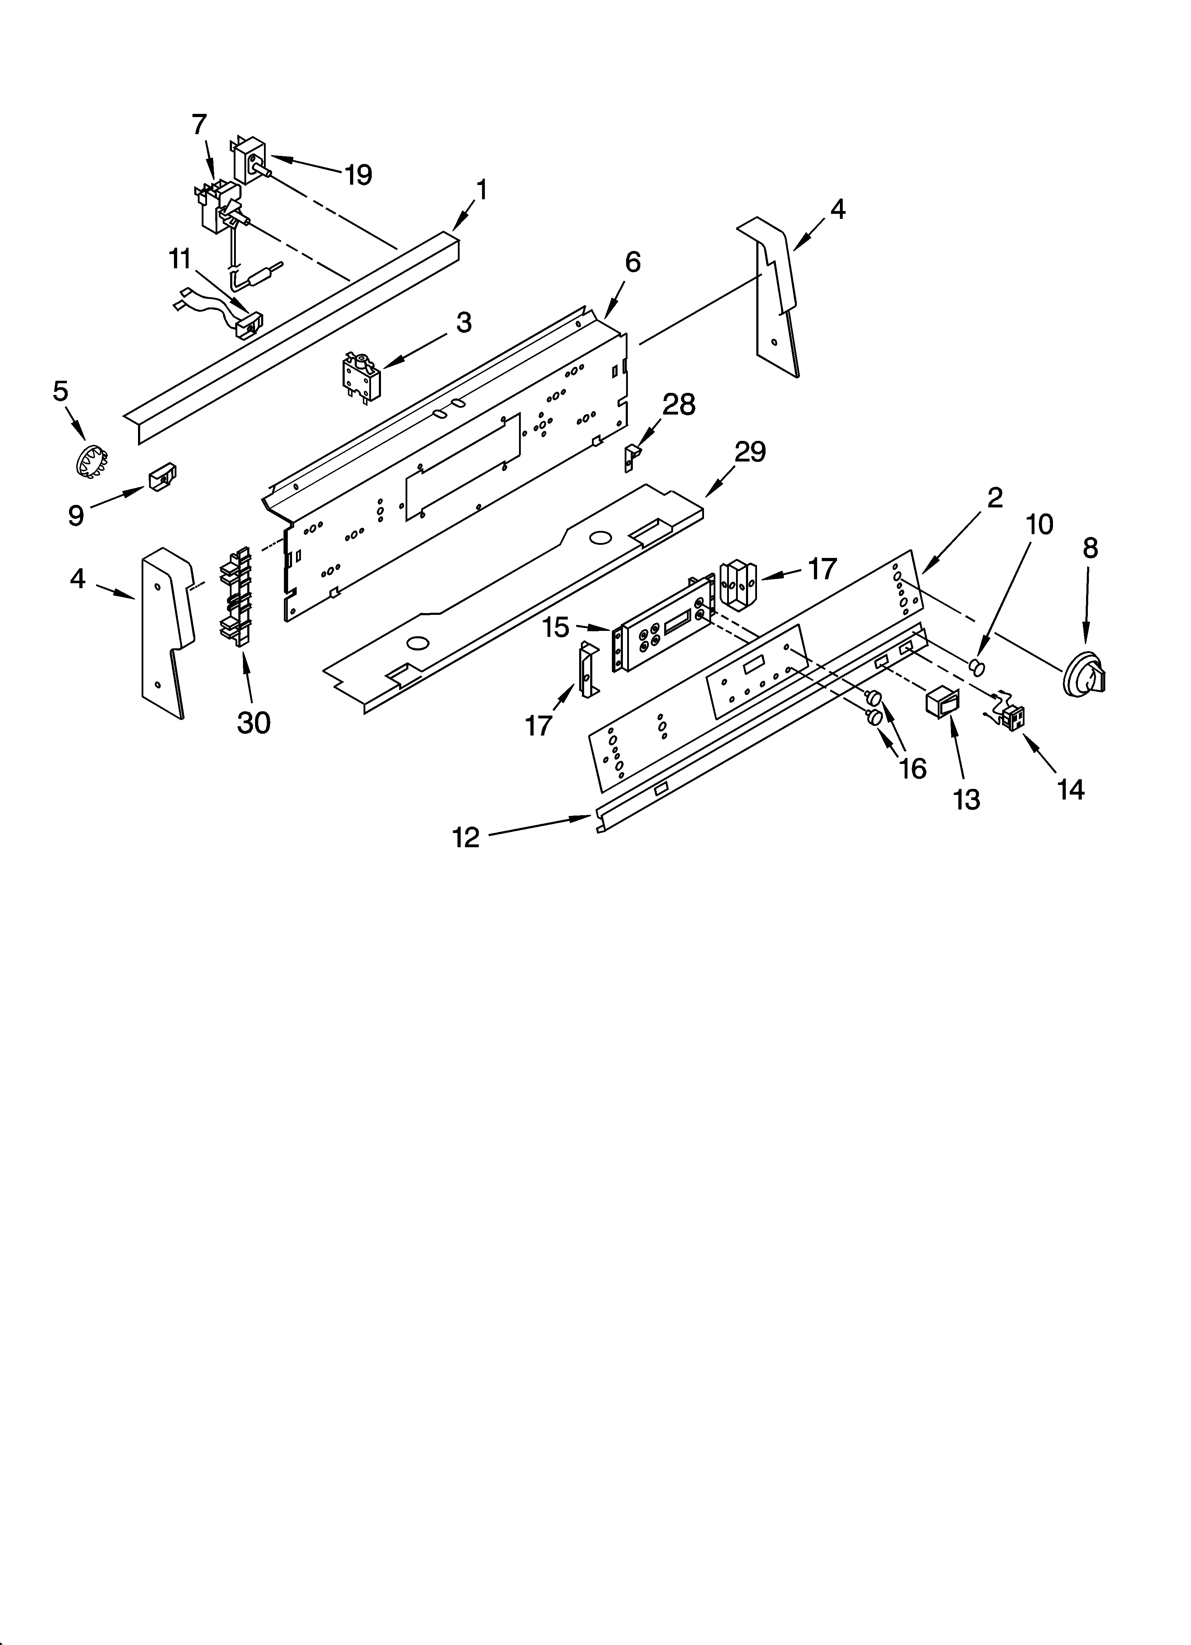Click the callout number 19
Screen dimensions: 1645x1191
tap(358, 175)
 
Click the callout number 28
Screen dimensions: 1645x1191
tap(679, 405)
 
